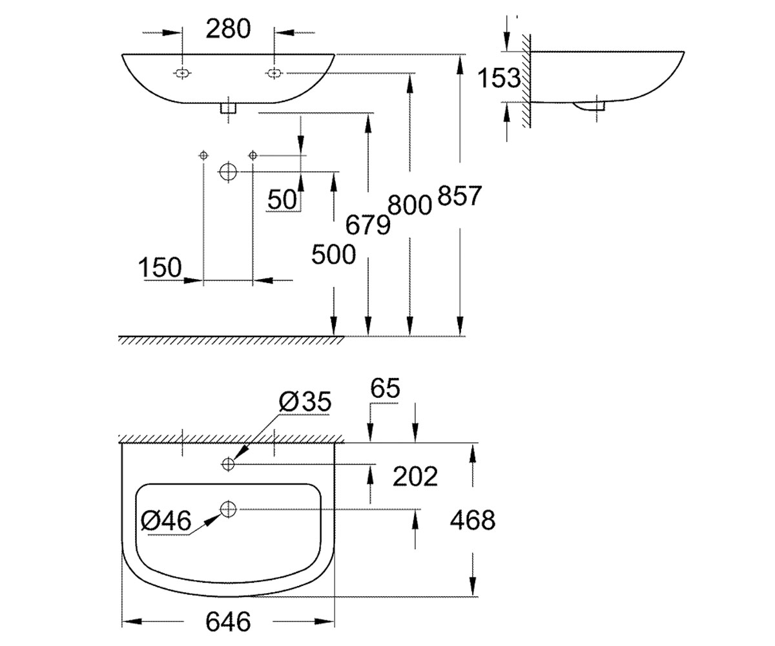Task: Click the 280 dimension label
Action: pos(228,29)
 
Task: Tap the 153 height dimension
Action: pos(499,78)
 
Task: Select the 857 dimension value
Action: pos(459,196)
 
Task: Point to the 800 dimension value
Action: pos(409,205)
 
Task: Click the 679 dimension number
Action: pos(368,225)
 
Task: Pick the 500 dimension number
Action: pos(334,255)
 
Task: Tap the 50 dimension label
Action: pos(282,200)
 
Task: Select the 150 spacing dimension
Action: pos(160,267)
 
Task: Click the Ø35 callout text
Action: pos(305,402)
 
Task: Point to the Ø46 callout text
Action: pos(166,520)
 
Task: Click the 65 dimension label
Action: pos(385,388)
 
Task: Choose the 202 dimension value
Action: pos(415,477)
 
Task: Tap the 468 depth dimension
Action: pos(473,520)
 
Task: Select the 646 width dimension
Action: pos(228,621)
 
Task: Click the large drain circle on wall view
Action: pos(228,172)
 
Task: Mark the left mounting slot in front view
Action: pos(182,73)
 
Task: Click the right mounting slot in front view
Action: pos(274,73)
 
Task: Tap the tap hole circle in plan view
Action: pos(228,464)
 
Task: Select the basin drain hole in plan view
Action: pos(228,509)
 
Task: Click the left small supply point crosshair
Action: pos(203,155)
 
